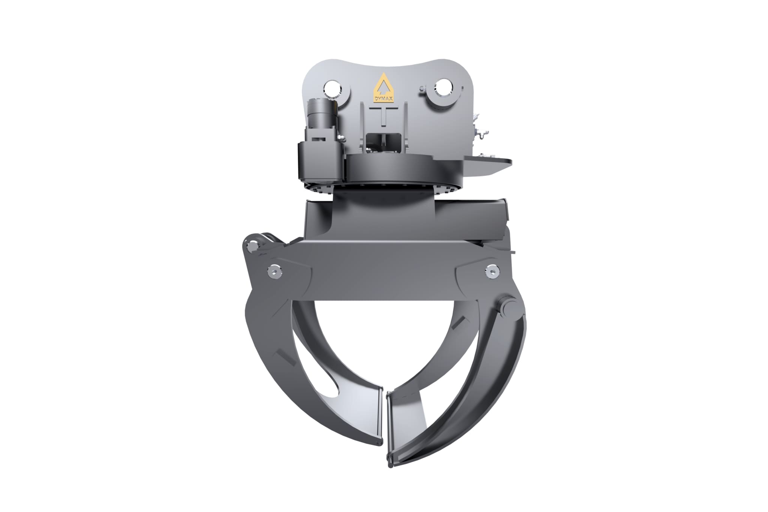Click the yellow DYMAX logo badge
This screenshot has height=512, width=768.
coord(383,88)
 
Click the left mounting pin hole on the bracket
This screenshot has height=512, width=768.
coord(332,89)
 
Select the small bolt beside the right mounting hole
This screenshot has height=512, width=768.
coord(423,88)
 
